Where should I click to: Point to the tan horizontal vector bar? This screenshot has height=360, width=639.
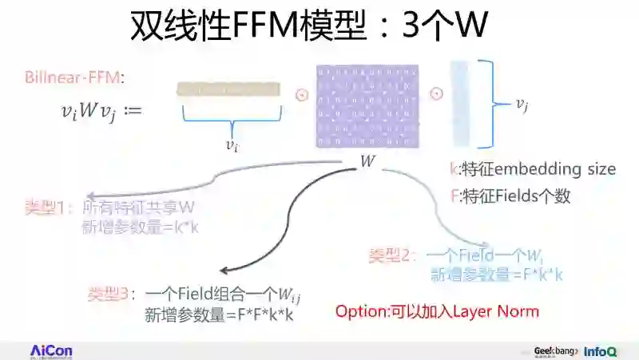pyautogui.click(x=228, y=90)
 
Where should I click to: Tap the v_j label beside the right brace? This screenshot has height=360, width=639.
pyautogui.click(x=522, y=104)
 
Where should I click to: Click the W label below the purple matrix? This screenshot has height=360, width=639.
pyautogui.click(x=367, y=160)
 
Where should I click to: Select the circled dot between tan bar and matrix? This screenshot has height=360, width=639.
pyautogui.click(x=301, y=94)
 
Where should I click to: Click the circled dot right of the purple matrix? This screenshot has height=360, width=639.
pyautogui.click(x=436, y=94)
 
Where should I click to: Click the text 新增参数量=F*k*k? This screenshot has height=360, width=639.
pyautogui.click(x=497, y=275)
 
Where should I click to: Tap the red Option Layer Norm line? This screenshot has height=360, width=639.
pyautogui.click(x=437, y=311)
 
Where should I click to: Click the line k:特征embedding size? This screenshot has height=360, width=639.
pyautogui.click(x=533, y=169)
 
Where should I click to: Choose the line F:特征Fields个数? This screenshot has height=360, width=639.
pyautogui.click(x=510, y=195)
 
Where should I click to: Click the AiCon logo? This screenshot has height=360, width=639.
pyautogui.click(x=52, y=350)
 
